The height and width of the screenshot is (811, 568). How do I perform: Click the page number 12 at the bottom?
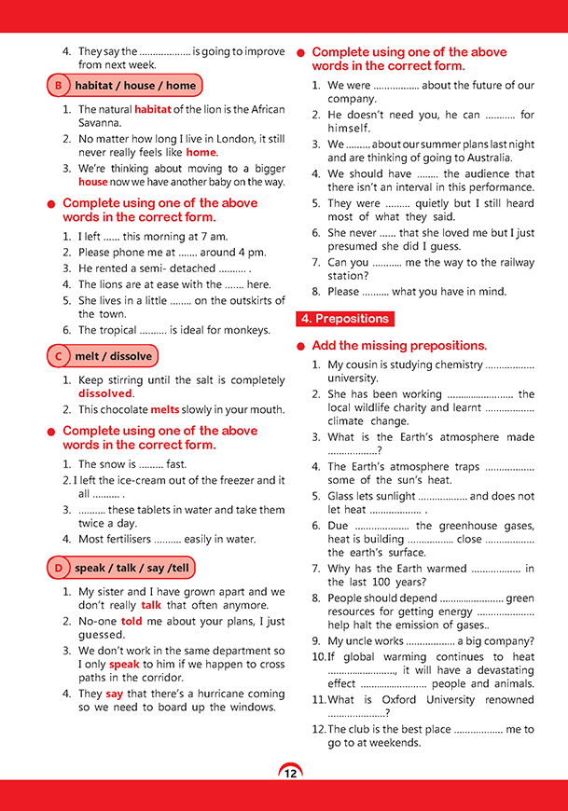coord(290,773)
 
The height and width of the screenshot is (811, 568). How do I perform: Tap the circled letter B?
coord(59,86)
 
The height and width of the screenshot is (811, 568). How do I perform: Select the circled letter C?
coord(59,356)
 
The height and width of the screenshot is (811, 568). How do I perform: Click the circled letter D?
coord(59,568)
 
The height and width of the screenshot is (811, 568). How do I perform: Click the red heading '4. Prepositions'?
coord(342,319)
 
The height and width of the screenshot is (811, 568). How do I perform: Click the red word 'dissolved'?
coord(105,393)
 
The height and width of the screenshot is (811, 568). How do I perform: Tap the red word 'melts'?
coord(165,409)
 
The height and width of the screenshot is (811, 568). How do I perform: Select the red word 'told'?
coord(132,620)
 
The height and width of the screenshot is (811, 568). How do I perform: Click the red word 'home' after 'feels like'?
coord(201,152)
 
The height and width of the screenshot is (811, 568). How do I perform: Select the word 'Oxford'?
coord(395,700)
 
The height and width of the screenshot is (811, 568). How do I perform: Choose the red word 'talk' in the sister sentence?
coord(151,604)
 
